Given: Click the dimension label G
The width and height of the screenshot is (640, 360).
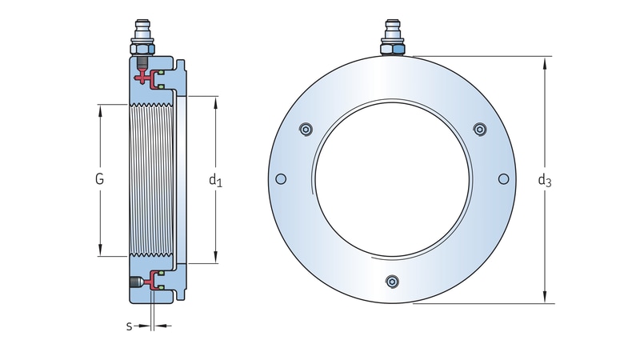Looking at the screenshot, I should click(100, 180).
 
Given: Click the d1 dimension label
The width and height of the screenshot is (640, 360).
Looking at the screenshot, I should click(215, 180).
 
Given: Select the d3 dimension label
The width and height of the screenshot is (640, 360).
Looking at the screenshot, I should click(545, 180).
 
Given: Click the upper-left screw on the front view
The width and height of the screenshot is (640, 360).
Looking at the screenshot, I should click(304, 130).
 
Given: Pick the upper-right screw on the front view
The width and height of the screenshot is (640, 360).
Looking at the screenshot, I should click(479, 130).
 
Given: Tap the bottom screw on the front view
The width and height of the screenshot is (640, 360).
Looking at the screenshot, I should click(391, 281).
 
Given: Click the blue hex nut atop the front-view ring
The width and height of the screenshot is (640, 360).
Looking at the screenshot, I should click(392, 50).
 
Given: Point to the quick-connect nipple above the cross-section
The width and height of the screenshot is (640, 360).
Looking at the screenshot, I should click(143, 36).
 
